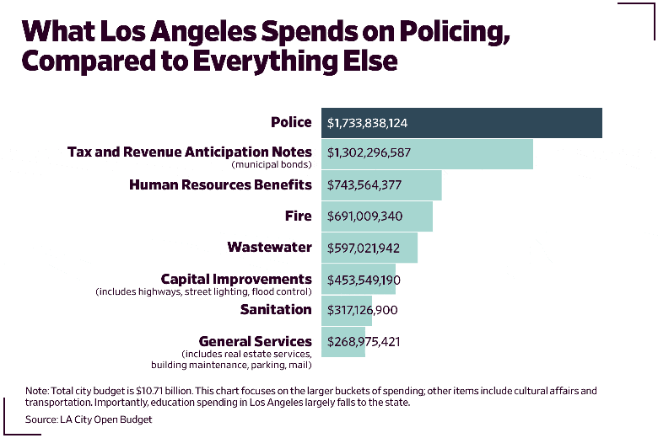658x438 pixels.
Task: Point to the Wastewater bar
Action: tap(369, 248)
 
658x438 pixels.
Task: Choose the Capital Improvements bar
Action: tap(359, 279)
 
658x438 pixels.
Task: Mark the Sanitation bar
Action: tap(347, 310)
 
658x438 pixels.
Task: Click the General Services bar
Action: tap(343, 341)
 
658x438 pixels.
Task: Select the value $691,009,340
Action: tap(364, 216)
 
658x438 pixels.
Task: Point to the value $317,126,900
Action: tap(363, 310)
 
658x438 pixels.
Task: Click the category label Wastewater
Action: tap(269, 248)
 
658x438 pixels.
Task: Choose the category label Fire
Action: tap(298, 216)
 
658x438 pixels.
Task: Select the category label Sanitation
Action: tap(276, 309)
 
